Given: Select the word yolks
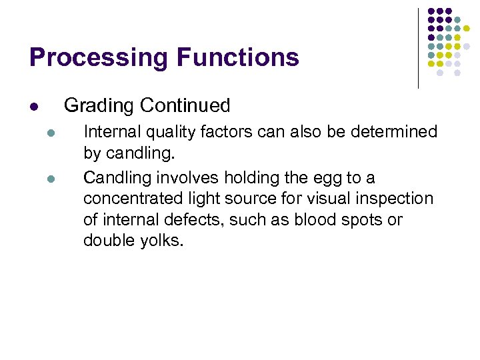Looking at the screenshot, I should pos(159,241).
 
